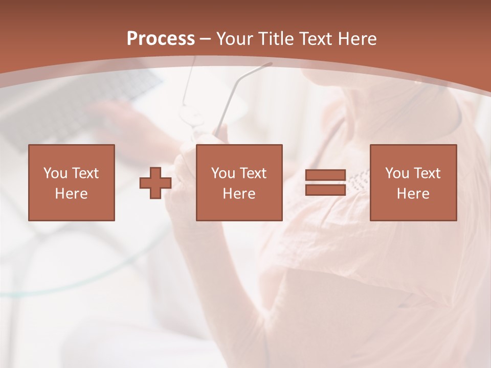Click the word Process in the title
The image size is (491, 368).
pyautogui.click(x=161, y=39)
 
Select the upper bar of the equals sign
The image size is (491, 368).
pyautogui.click(x=326, y=175)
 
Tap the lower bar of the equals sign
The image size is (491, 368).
pyautogui.click(x=326, y=190)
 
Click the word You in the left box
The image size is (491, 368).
pyautogui.click(x=55, y=173)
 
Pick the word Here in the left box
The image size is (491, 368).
pyautogui.click(x=71, y=194)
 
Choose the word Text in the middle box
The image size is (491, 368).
pyautogui.click(x=253, y=173)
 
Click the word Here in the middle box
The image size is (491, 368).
pyautogui.click(x=239, y=194)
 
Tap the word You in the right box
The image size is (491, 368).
pyautogui.click(x=397, y=173)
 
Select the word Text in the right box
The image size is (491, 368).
pyautogui.click(x=427, y=173)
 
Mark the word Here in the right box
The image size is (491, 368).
pyautogui.click(x=413, y=194)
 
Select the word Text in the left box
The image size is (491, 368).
pyautogui.click(x=85, y=173)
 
